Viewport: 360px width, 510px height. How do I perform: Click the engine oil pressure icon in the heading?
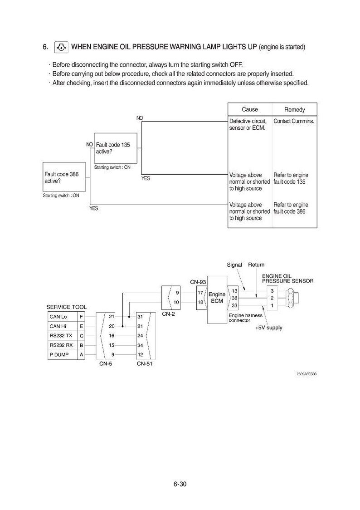[x=61, y=47]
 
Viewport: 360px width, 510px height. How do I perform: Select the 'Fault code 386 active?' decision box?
[x=64, y=177]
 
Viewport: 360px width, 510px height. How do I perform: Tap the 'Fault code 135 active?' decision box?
[x=115, y=148]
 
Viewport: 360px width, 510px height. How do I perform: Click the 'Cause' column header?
[x=249, y=110]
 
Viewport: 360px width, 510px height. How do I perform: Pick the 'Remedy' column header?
[x=294, y=110]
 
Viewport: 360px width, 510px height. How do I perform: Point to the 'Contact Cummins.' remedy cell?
[x=294, y=121]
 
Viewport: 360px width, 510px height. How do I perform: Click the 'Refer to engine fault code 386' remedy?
[x=291, y=208]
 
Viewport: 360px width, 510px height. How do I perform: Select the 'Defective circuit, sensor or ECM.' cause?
[x=248, y=124]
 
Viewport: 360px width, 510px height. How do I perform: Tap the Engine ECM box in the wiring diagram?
[x=217, y=299]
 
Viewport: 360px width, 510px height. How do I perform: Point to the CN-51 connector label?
[x=145, y=363]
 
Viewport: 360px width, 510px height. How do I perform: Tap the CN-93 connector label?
[x=198, y=282]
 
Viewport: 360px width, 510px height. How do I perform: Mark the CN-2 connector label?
[x=168, y=314]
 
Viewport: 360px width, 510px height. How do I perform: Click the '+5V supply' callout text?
[x=269, y=328]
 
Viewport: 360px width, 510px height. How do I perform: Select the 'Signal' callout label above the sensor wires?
[x=234, y=265]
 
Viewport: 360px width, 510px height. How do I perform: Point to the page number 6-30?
[x=180, y=484]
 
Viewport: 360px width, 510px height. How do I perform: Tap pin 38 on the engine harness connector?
[x=234, y=298]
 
